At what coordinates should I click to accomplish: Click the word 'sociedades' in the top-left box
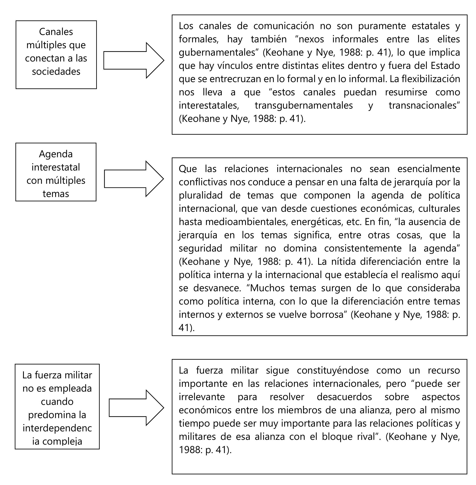tap(56, 71)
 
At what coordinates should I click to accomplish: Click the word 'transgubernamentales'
tap(304, 105)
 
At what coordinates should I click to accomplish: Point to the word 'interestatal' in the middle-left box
tap(56, 167)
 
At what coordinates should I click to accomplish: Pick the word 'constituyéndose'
tap(333, 370)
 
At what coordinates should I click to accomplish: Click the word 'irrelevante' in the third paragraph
tap(202, 397)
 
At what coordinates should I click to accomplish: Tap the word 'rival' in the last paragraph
tap(367, 437)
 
